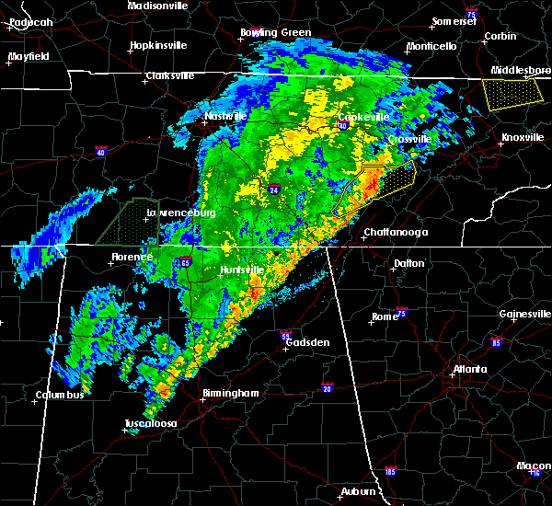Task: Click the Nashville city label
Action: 226,117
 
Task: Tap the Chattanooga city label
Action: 396,232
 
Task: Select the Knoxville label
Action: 522,138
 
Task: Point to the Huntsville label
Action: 242,270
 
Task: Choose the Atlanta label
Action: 469,370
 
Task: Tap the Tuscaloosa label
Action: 152,424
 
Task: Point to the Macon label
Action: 534,466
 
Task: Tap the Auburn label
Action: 362,492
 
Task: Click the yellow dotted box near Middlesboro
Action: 512,94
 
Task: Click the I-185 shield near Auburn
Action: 390,472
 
